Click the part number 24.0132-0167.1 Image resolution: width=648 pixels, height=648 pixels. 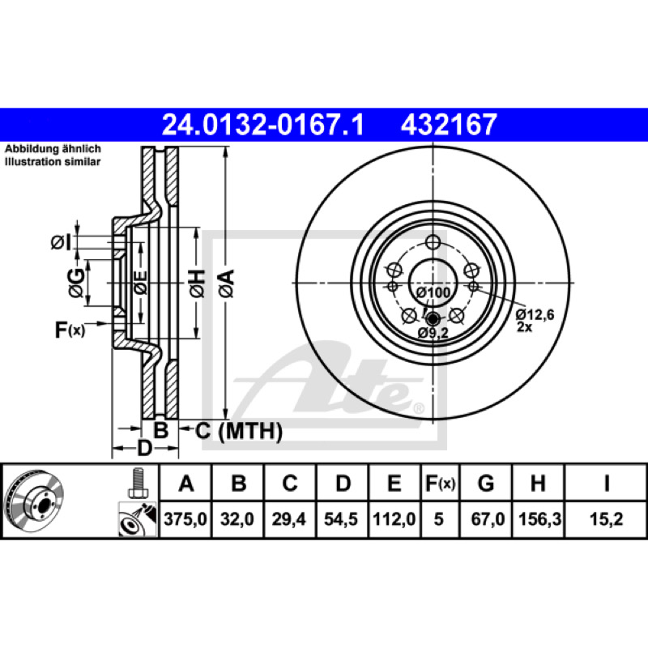point(262,125)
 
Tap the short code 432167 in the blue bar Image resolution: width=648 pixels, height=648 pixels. point(449,125)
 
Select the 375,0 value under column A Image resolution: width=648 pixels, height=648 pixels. point(185,518)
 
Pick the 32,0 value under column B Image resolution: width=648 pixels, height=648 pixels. point(237,518)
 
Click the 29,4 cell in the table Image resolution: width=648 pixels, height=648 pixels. point(289,518)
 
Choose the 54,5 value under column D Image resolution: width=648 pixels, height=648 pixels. point(341,518)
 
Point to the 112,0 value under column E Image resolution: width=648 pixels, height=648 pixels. point(394,518)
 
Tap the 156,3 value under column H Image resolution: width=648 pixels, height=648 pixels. point(539,518)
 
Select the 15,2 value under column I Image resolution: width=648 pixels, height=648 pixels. point(606,518)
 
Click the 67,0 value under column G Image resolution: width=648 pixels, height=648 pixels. point(488,518)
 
